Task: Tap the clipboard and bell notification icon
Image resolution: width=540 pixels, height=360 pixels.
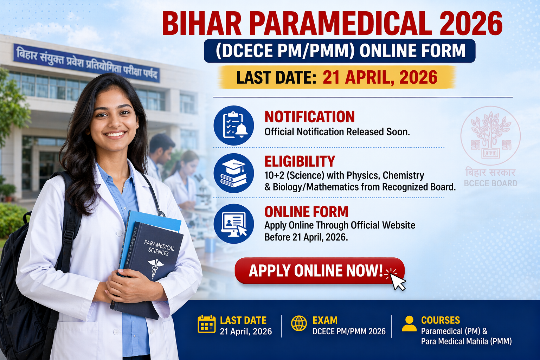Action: [x=234, y=126]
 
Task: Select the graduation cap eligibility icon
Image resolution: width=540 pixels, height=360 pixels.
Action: [x=234, y=173]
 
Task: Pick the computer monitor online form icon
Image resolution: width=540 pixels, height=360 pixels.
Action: [x=234, y=224]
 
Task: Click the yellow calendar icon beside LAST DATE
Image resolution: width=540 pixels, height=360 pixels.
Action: [x=206, y=324]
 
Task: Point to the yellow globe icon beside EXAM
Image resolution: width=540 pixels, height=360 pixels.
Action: [x=299, y=323]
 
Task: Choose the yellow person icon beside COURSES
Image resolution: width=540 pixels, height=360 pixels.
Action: [x=409, y=323]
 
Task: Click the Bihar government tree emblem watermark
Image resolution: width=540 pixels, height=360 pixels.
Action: [x=490, y=135]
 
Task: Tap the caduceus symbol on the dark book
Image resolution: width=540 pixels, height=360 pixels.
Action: [x=155, y=267]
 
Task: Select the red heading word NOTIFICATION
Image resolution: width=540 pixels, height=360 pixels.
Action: [x=309, y=117]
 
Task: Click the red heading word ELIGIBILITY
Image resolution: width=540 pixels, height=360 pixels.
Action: [x=300, y=161]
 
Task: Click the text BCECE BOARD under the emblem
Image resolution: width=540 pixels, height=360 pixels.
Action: [x=490, y=183]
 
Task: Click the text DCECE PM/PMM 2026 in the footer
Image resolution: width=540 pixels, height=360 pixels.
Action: [x=349, y=331]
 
